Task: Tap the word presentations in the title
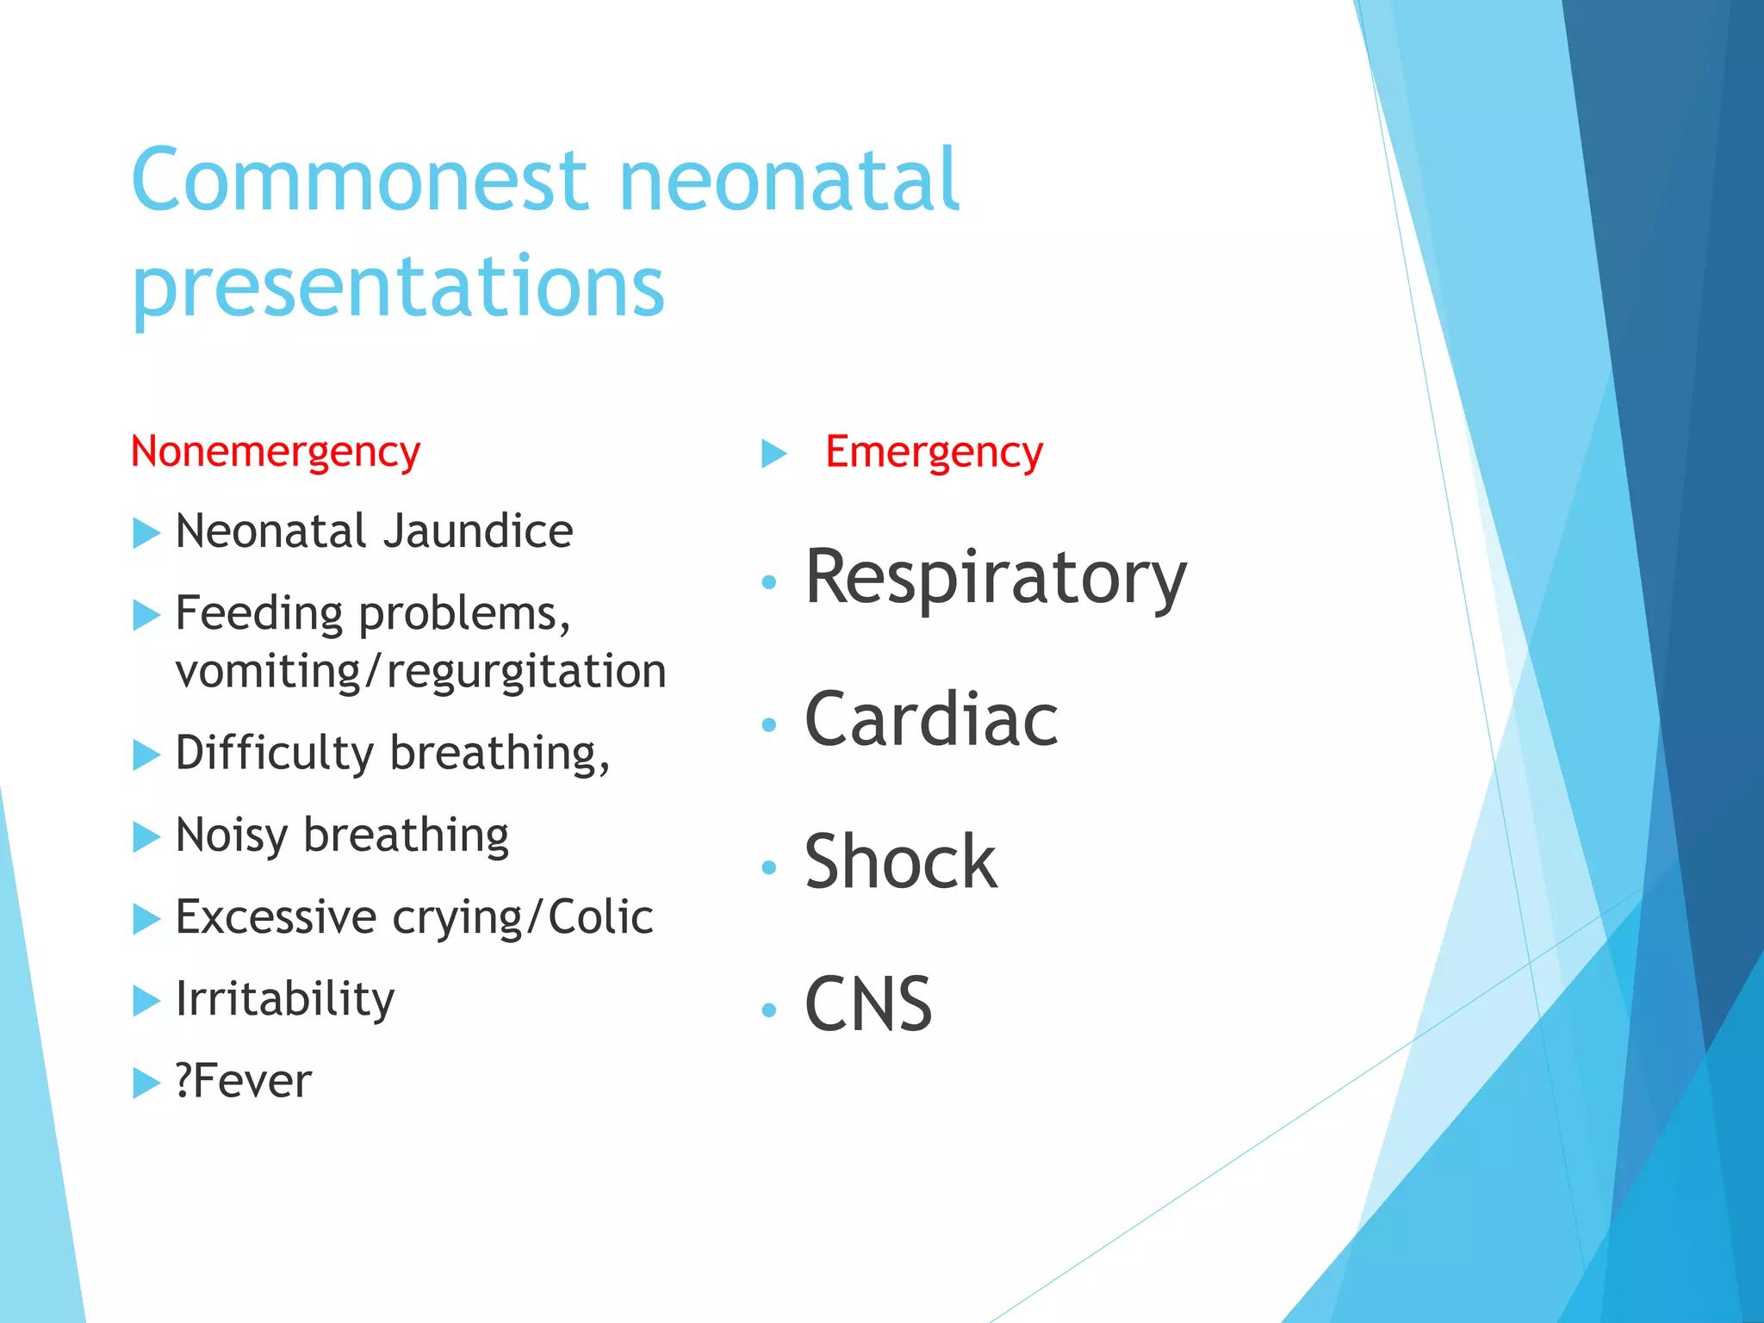(398, 286)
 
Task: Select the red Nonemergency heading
(275, 451)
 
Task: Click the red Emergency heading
(934, 451)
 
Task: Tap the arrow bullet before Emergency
(774, 453)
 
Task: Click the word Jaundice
(478, 531)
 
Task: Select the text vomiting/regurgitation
(420, 672)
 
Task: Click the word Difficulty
(275, 754)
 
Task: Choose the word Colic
(600, 917)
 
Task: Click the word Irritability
(285, 999)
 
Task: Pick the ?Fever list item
(243, 1082)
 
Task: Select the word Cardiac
(931, 720)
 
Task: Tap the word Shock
(900, 862)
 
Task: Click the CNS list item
(868, 1004)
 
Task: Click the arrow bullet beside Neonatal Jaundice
(146, 533)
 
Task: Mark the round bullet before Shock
(769, 867)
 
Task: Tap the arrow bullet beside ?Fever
(146, 1083)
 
